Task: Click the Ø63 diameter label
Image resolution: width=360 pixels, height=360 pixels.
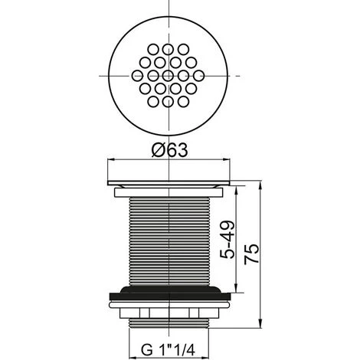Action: point(169,150)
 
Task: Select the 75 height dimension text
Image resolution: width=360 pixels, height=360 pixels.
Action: point(251,254)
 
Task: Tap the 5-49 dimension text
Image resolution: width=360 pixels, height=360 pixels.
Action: point(227,240)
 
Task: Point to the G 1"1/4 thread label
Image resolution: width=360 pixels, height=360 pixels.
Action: point(169,349)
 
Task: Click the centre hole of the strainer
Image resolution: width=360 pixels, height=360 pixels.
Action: point(168,76)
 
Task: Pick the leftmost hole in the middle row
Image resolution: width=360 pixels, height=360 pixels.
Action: point(137,76)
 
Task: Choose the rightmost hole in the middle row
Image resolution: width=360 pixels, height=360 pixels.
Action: point(198,76)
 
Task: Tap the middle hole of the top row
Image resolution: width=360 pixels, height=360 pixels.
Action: point(168,49)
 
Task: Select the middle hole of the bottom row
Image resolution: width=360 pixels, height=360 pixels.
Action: point(168,102)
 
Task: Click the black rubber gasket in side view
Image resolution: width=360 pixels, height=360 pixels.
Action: point(171,293)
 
